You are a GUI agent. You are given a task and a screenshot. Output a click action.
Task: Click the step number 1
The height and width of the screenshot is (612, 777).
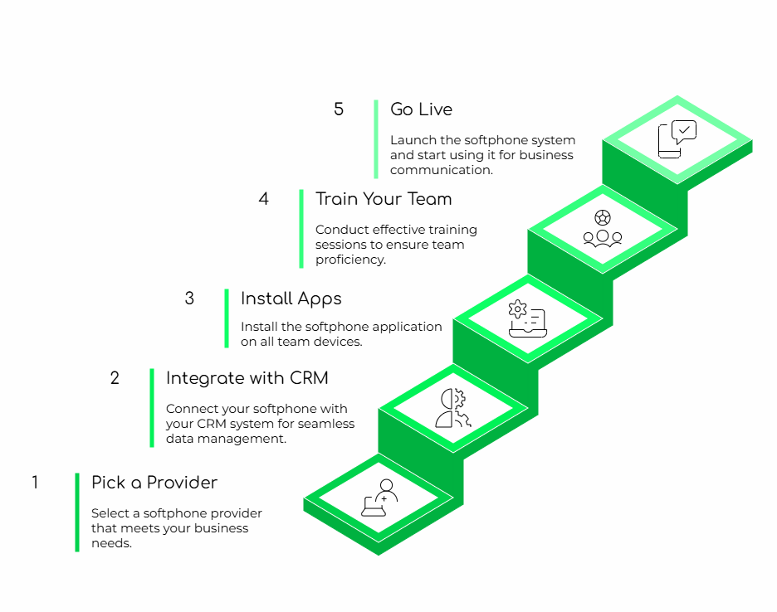click(x=35, y=482)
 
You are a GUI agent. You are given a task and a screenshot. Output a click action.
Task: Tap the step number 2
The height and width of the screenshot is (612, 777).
click(x=115, y=378)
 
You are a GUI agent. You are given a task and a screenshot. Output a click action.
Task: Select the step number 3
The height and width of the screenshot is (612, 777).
click(x=189, y=299)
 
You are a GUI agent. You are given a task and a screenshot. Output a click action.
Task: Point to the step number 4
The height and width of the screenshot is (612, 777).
click(x=264, y=199)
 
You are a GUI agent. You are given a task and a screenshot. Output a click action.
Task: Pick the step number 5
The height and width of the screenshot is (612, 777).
click(x=339, y=109)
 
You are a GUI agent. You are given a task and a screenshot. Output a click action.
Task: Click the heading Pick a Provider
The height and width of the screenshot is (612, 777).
click(x=154, y=483)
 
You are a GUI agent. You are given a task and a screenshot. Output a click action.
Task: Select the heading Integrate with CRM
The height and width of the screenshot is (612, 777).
click(x=247, y=379)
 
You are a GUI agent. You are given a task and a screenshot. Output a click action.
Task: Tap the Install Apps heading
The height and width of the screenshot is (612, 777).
click(x=291, y=299)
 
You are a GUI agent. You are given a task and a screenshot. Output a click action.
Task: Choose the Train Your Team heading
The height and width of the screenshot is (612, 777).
click(x=384, y=199)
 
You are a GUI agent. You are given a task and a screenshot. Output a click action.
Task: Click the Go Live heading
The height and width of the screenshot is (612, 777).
click(x=421, y=109)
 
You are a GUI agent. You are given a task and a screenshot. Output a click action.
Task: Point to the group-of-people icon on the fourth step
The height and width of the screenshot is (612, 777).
click(x=602, y=229)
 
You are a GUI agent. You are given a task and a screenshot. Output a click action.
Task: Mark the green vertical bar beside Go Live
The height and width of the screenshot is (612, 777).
click(x=375, y=138)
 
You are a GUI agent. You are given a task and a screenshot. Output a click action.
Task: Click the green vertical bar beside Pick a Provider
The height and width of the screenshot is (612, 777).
click(x=77, y=512)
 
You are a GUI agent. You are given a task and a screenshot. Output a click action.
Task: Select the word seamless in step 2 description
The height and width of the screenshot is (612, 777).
click(x=325, y=424)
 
